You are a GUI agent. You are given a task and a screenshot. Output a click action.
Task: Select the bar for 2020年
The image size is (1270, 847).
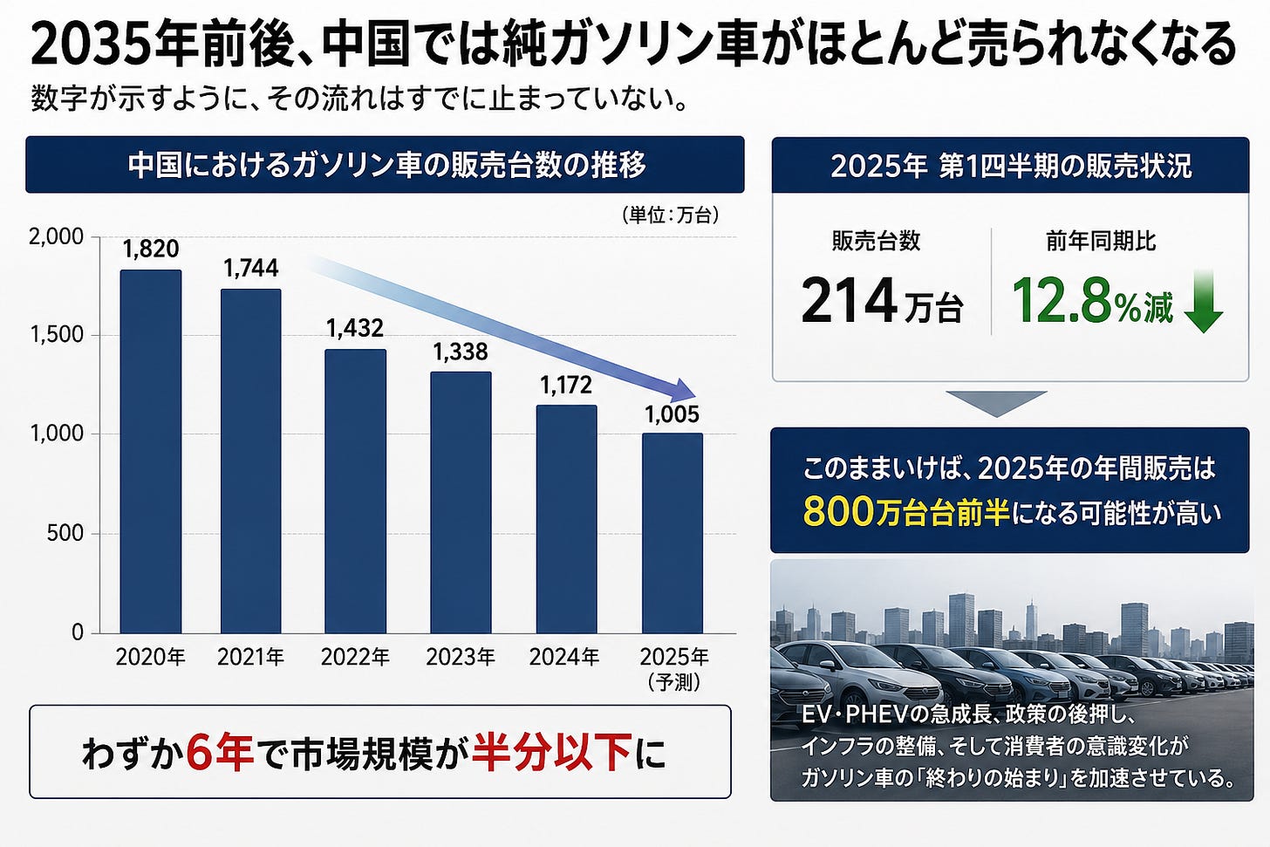coord(151,451)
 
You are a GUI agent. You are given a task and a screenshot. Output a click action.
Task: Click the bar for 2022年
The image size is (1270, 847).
coord(356,491)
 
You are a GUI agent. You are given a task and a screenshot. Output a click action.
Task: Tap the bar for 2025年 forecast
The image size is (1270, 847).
coord(673,533)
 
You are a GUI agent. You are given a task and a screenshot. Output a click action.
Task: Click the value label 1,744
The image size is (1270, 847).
coord(251,268)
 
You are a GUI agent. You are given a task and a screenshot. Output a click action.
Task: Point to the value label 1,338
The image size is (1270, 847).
coord(461,352)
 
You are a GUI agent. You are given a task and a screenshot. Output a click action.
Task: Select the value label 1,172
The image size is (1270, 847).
coord(566,386)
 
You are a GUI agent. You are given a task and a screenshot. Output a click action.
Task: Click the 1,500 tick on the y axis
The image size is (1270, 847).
coord(56,335)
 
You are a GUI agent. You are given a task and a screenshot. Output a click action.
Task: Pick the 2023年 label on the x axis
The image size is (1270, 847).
coord(461,657)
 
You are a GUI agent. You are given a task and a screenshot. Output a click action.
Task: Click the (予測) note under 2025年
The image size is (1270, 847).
coord(673,682)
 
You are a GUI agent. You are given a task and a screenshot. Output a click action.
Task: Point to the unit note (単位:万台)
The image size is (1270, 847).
coord(670,215)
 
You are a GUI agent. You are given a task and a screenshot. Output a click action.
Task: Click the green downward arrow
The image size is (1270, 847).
coord(1203,302)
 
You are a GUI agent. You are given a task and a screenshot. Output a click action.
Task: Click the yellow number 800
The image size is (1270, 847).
coord(838,512)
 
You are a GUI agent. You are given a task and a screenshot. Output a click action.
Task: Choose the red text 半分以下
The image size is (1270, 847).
coord(551,752)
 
